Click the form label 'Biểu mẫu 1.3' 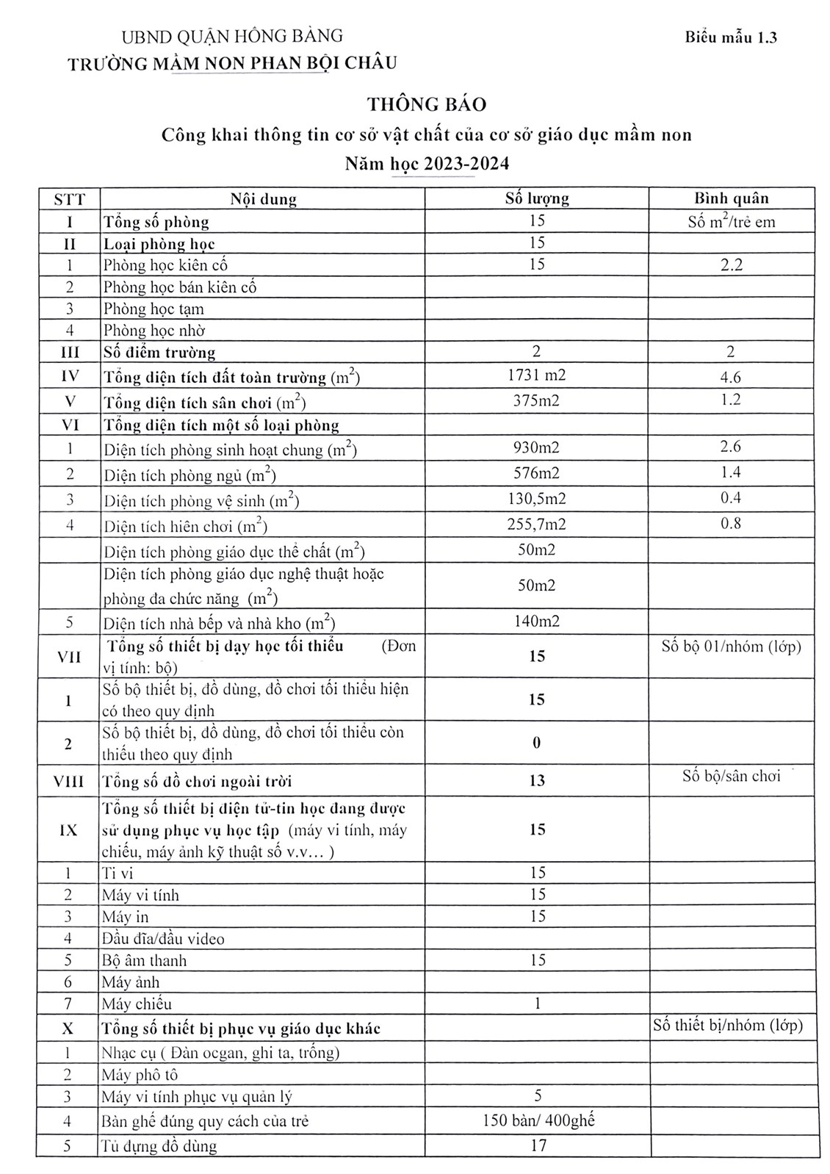(731, 37)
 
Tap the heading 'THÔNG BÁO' (427, 104)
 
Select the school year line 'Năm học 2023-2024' (427, 163)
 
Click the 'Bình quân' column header (731, 198)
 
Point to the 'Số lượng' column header (536, 198)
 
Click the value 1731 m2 (536, 375)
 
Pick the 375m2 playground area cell (536, 400)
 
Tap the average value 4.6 (731, 378)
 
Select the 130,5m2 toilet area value (536, 499)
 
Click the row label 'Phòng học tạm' (154, 309)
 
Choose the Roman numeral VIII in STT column (68, 782)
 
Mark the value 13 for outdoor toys (536, 781)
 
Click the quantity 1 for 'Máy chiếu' (537, 1004)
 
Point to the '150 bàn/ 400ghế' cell (538, 1121)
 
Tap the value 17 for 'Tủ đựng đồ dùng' (538, 1145)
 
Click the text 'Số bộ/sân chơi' (731, 776)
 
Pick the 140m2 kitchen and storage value (536, 622)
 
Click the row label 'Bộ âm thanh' (144, 961)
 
